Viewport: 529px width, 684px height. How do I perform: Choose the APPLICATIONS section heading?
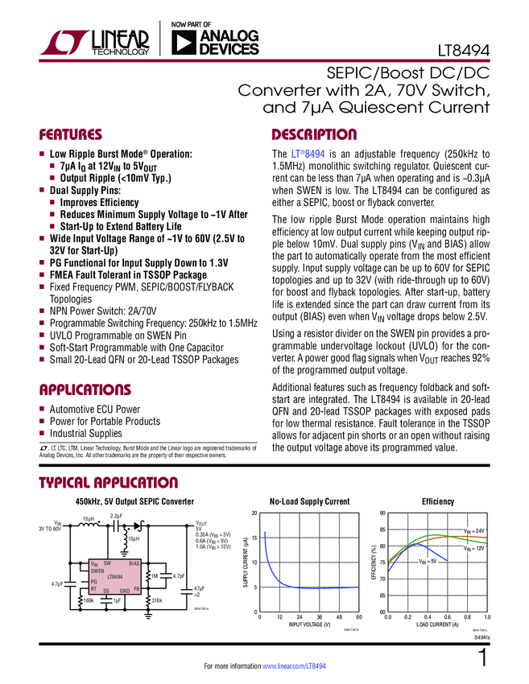click(85, 390)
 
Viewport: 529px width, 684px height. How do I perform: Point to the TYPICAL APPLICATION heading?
click(109, 483)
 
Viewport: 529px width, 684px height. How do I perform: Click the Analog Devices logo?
click(212, 43)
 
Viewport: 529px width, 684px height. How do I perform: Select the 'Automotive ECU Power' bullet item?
click(95, 410)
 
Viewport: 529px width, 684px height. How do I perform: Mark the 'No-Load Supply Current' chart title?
click(309, 502)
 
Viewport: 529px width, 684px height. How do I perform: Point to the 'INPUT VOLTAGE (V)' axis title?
click(309, 625)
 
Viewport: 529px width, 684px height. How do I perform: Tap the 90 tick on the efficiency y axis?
click(382, 513)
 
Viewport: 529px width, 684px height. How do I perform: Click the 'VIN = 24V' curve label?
click(473, 531)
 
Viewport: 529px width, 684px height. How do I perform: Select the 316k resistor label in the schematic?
click(157, 600)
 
